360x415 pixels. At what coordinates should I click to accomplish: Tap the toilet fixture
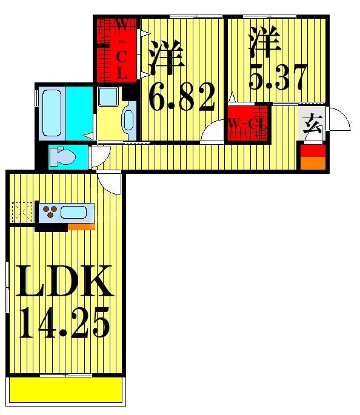62,156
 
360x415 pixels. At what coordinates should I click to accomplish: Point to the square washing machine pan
109,96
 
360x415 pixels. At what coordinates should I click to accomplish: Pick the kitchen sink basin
74,213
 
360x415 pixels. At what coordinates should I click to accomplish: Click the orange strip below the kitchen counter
81,227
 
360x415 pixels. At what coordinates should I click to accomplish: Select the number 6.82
182,98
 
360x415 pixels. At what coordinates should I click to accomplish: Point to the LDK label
63,281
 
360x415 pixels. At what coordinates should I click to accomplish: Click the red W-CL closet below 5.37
247,123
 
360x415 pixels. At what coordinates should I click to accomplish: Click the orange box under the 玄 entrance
313,158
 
